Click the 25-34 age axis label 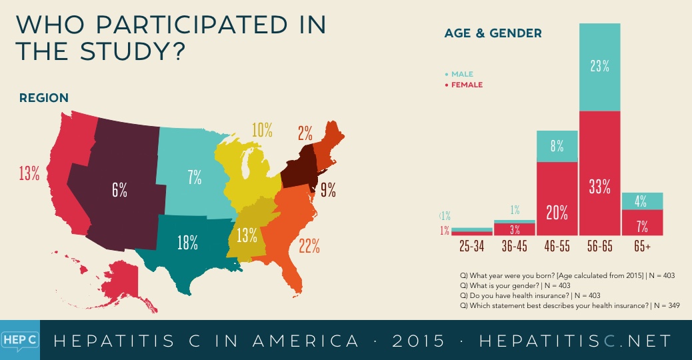coord(472,246)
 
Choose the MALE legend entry coord(461,74)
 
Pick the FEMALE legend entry coord(465,85)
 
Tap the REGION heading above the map coord(43,98)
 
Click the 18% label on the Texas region coord(189,243)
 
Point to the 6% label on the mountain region coord(119,189)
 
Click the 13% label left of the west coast coord(29,174)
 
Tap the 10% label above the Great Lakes coord(262,131)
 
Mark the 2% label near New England coord(305,133)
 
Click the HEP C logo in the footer coord(19,340)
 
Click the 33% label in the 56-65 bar coord(600,187)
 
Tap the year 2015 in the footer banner coord(419,341)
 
